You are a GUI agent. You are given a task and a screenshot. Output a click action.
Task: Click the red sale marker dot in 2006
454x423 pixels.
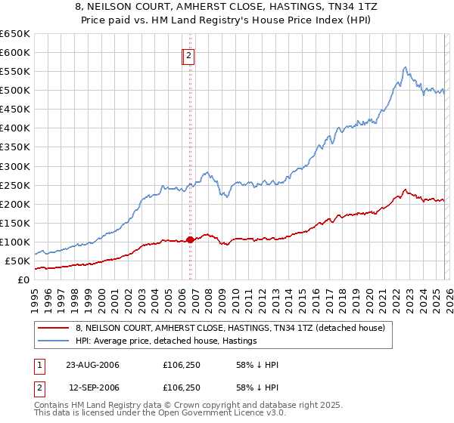coord(190,239)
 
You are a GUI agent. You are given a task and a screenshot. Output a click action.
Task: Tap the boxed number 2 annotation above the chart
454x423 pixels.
coord(188,54)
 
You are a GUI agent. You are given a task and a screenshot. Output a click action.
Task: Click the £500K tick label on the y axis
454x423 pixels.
coord(15,91)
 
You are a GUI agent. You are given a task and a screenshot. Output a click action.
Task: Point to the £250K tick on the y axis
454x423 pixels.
coord(15,185)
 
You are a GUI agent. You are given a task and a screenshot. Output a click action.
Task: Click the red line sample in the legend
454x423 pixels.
coord(54,328)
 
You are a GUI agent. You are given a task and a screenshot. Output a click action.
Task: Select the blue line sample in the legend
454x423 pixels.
coord(54,341)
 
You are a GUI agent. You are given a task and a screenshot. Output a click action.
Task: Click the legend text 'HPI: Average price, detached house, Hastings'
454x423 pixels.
coord(170,341)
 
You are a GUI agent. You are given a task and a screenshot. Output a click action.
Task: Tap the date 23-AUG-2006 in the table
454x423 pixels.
coord(92,365)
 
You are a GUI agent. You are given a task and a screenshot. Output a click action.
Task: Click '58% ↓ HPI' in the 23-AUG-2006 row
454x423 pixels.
coord(258,365)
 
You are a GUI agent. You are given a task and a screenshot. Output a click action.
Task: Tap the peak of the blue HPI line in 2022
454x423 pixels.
coord(406,66)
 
